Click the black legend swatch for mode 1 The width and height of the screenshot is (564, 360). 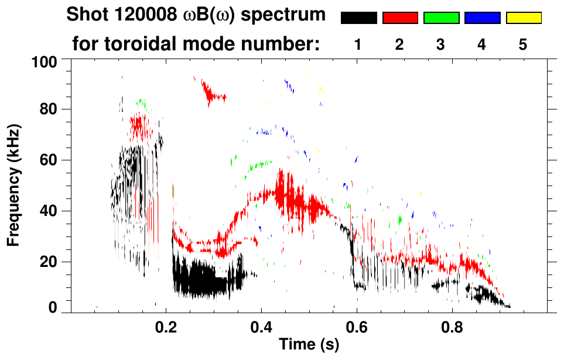point(359,18)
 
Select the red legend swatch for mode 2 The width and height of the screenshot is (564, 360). point(400,18)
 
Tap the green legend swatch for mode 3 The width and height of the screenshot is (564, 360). point(441,18)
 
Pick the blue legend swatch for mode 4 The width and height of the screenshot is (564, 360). point(482,18)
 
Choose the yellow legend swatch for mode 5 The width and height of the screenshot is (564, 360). point(523,18)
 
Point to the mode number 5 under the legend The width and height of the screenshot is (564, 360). point(523,45)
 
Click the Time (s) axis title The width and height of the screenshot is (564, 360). point(308,345)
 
